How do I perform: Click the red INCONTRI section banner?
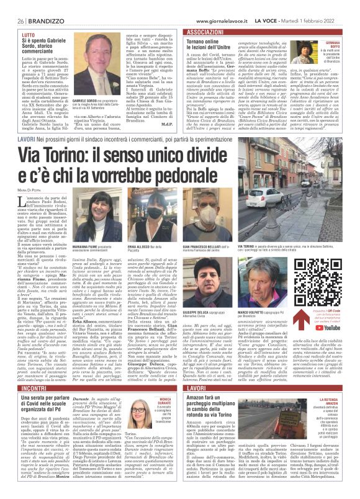coord(29,370)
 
